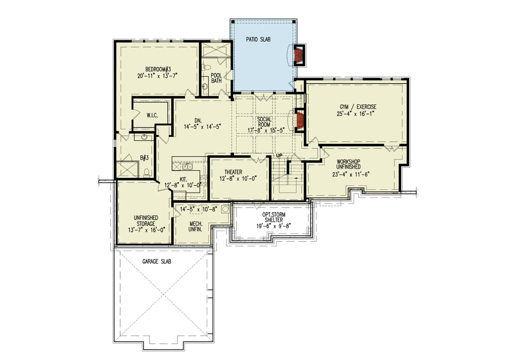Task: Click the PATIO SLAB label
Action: pos(259,39)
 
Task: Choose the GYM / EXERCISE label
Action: pos(356,107)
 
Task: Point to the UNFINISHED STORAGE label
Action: pos(146,221)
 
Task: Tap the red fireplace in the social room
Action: pos(300,120)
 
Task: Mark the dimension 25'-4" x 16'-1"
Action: pos(356,114)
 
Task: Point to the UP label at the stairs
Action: pos(279,155)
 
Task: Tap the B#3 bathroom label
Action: pos(144,158)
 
